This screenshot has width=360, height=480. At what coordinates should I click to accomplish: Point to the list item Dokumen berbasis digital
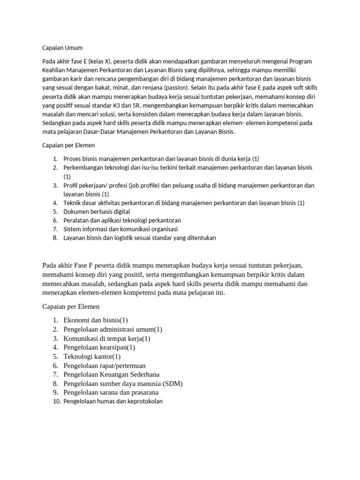tap(97, 211)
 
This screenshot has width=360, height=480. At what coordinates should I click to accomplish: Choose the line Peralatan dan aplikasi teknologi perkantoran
tap(122, 220)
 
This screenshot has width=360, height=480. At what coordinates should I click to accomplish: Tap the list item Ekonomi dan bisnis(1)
tap(96, 320)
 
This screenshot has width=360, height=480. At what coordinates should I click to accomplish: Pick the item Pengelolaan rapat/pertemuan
tap(105, 365)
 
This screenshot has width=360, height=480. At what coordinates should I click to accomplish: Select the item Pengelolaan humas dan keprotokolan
tap(113, 401)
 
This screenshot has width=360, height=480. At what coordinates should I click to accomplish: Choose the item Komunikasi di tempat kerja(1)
tap(107, 338)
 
